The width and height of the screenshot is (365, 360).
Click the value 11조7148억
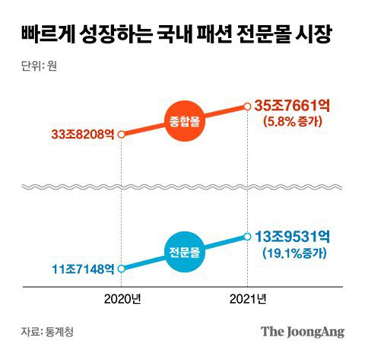point(83,269)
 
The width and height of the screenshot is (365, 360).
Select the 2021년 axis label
point(248,299)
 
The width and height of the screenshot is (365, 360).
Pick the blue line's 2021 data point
point(248,237)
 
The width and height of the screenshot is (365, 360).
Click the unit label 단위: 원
point(40,64)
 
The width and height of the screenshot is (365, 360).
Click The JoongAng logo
point(303,331)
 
